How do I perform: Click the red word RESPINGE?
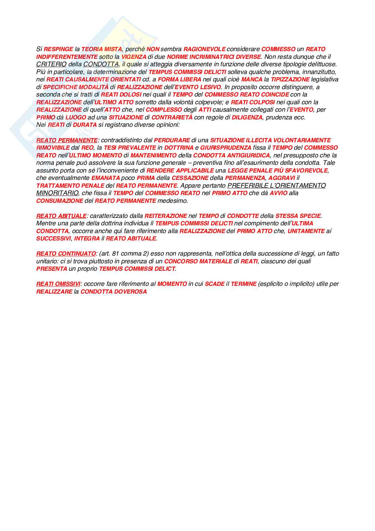pyautogui.click(x=58, y=49)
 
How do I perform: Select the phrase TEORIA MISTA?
pyautogui.click(x=101, y=49)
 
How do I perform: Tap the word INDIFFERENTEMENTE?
pyautogui.click(x=67, y=57)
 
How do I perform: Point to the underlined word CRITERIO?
pyautogui.click(x=51, y=64)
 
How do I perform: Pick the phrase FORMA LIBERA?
pyautogui.click(x=179, y=79)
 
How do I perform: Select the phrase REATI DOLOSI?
pyautogui.click(x=121, y=94)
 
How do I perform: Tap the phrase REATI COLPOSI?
pyautogui.click(x=253, y=102)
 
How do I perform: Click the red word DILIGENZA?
pyautogui.click(x=247, y=117)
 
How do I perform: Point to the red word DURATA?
pyautogui.click(x=85, y=125)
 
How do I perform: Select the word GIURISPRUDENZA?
pyautogui.click(x=226, y=148)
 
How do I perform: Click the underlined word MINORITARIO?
pyautogui.click(x=57, y=193)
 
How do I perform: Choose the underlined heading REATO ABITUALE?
pyautogui.click(x=61, y=216)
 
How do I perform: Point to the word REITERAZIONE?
pyautogui.click(x=166, y=216)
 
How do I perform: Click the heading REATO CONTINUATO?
pyautogui.click(x=66, y=254)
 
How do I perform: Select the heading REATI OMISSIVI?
pyautogui.click(x=58, y=284)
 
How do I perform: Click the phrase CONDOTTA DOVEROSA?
pyautogui.click(x=114, y=292)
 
